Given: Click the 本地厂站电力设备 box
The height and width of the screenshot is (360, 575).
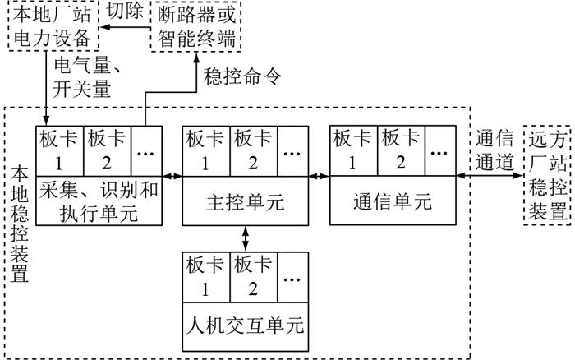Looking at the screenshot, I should tap(51, 26).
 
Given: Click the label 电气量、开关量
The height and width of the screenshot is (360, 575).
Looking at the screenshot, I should tap(82, 76).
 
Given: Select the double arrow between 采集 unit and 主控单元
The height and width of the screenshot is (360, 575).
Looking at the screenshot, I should tap(172, 176).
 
